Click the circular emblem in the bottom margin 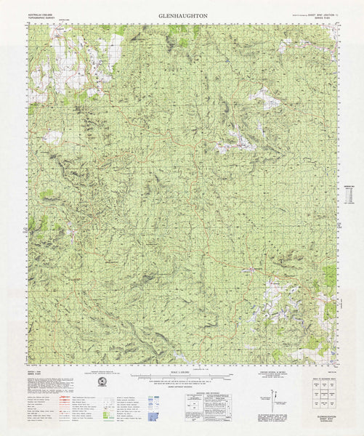[102, 381]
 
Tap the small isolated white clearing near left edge [53, 137]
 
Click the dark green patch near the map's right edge [331, 276]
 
